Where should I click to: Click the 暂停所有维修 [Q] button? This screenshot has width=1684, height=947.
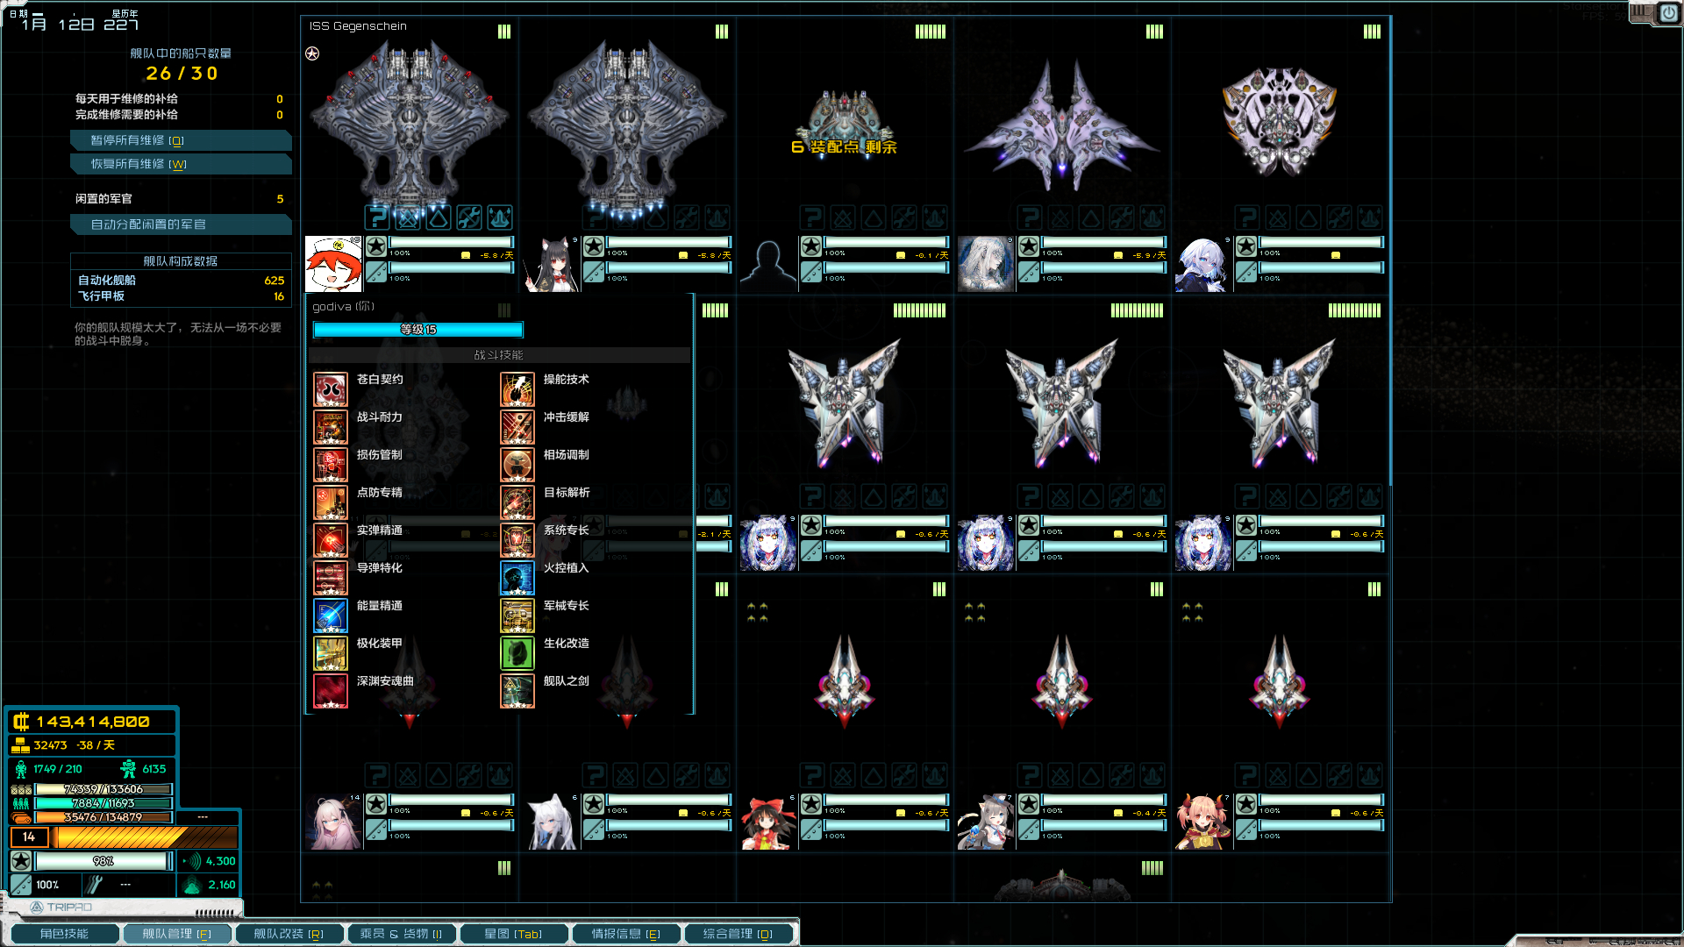180,140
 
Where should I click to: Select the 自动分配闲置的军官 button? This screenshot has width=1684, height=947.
180,224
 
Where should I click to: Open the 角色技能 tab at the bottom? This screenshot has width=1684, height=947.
64,934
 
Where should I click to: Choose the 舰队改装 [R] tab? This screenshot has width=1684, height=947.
289,934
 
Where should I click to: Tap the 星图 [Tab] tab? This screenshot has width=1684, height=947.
513,934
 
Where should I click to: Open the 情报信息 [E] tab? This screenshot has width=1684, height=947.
625,934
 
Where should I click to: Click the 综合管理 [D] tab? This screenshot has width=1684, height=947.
738,934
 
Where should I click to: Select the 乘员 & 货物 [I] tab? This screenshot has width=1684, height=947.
401,934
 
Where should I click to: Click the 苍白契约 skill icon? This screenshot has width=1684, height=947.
331,389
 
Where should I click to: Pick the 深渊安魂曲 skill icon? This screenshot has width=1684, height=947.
331,691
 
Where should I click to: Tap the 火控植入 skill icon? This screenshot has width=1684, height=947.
517,578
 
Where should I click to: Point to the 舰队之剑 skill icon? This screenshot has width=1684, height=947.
517,691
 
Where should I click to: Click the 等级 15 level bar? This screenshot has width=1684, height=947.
418,330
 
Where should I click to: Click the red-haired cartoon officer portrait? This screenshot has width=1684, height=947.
333,264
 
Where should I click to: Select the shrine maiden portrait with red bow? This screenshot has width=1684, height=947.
768,822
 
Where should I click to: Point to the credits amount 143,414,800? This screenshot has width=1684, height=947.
93,722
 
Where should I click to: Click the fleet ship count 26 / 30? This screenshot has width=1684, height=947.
182,74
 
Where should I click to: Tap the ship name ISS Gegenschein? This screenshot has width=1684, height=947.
358,26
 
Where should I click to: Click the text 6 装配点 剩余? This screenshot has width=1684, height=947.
844,147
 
